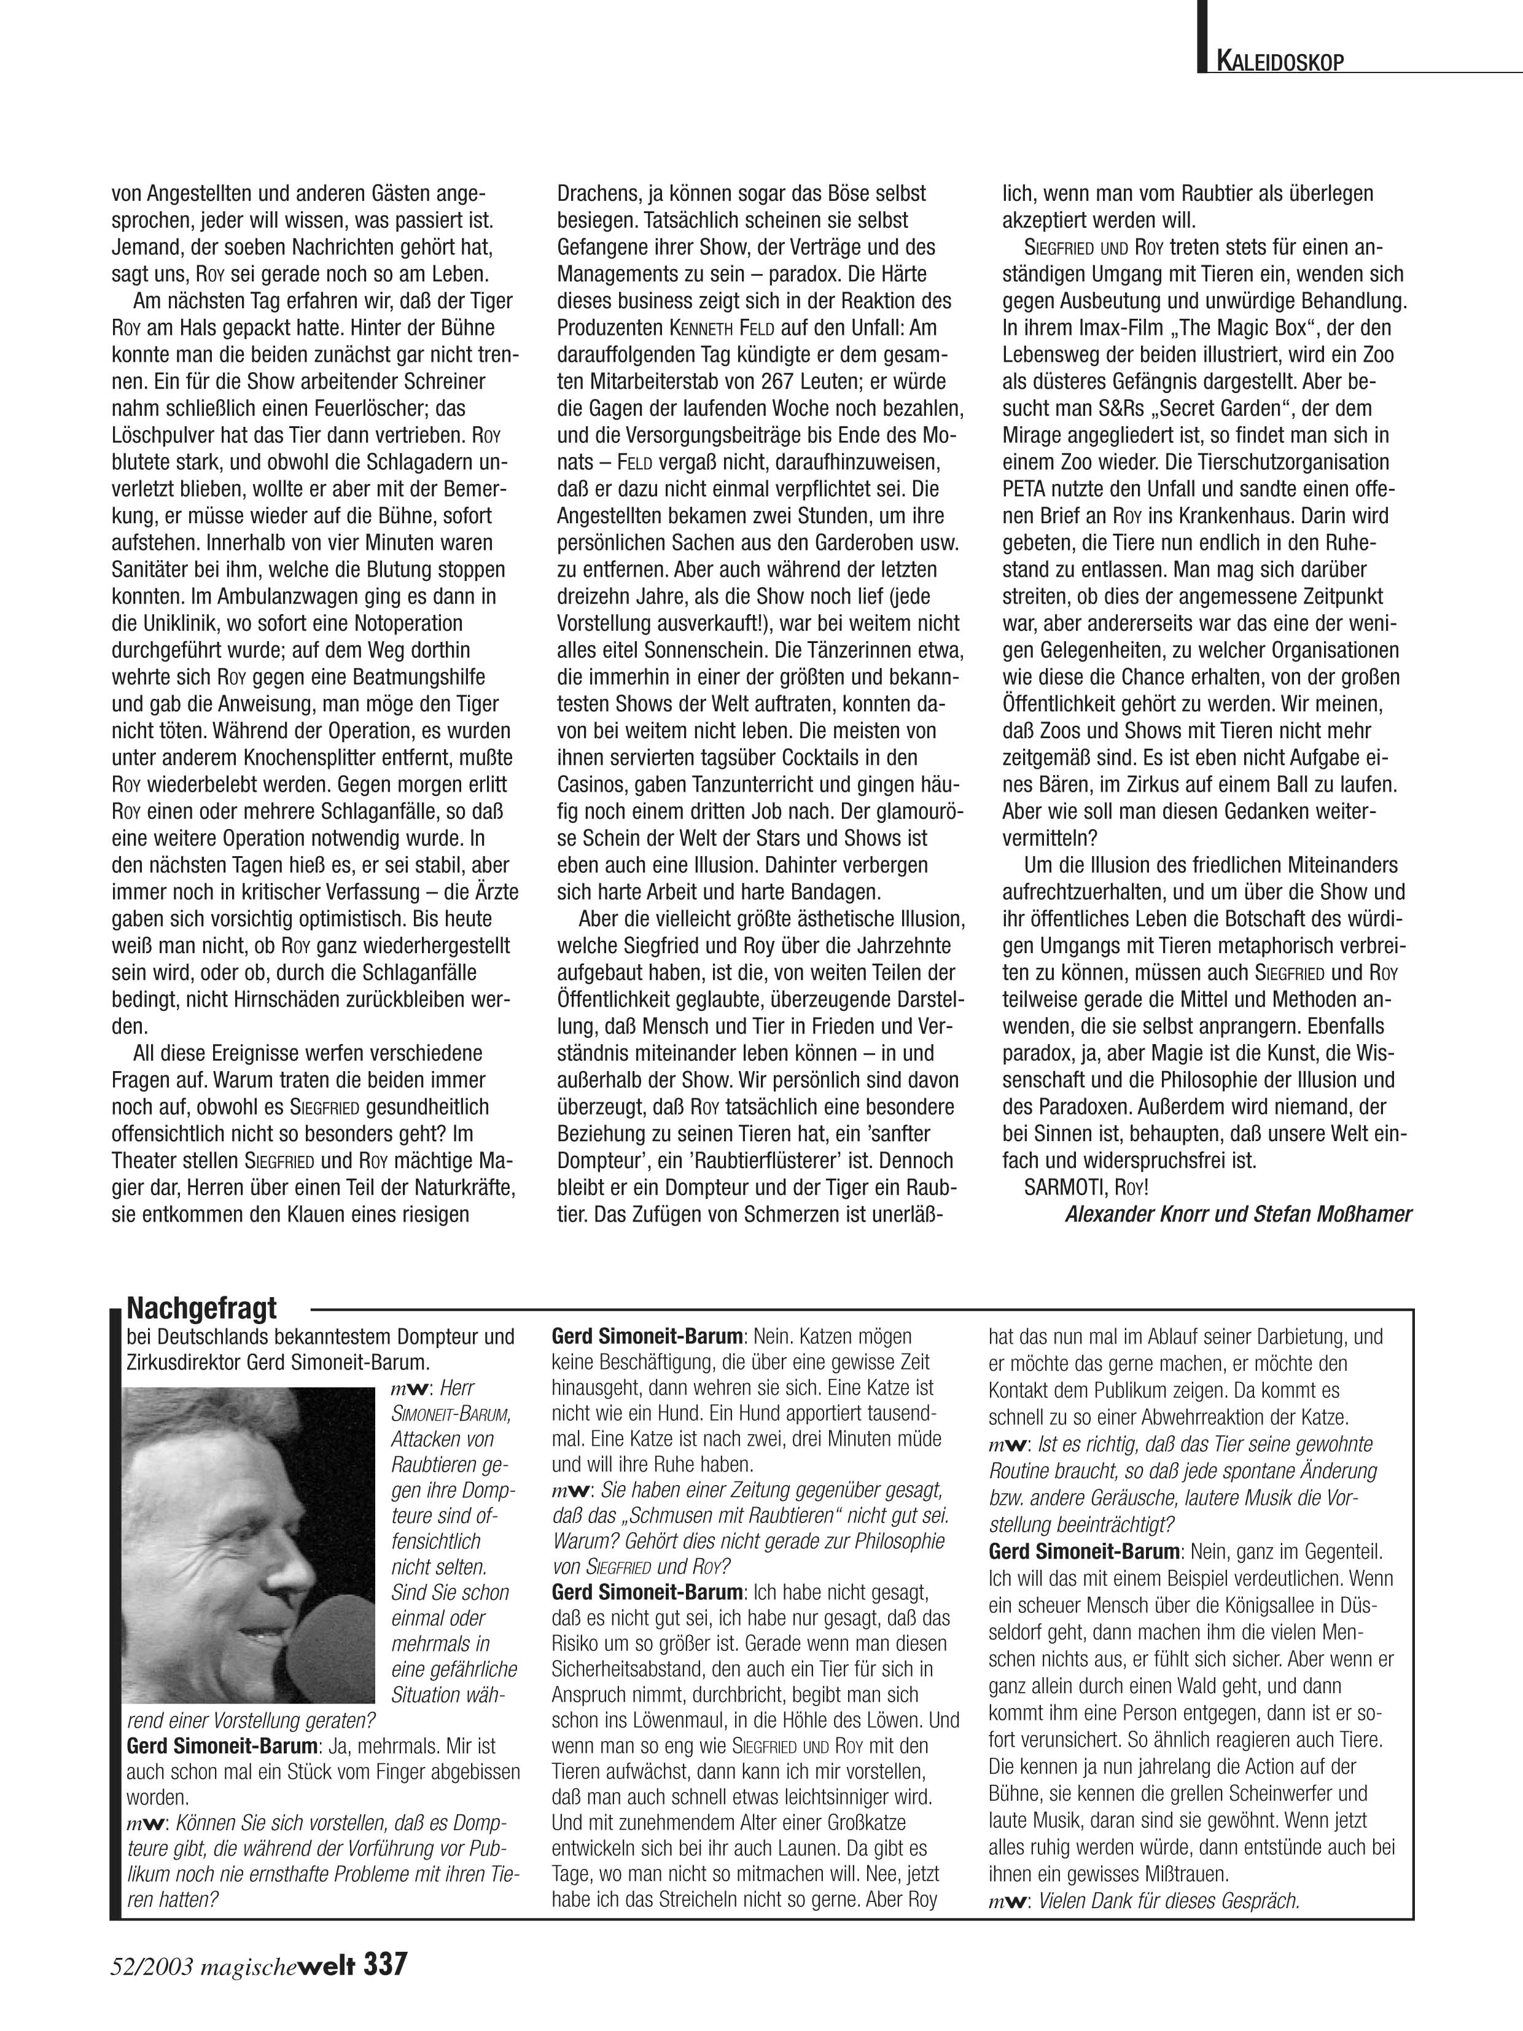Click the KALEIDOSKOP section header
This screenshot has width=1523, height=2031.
click(1280, 63)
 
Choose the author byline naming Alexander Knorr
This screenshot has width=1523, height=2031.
click(1239, 1214)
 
